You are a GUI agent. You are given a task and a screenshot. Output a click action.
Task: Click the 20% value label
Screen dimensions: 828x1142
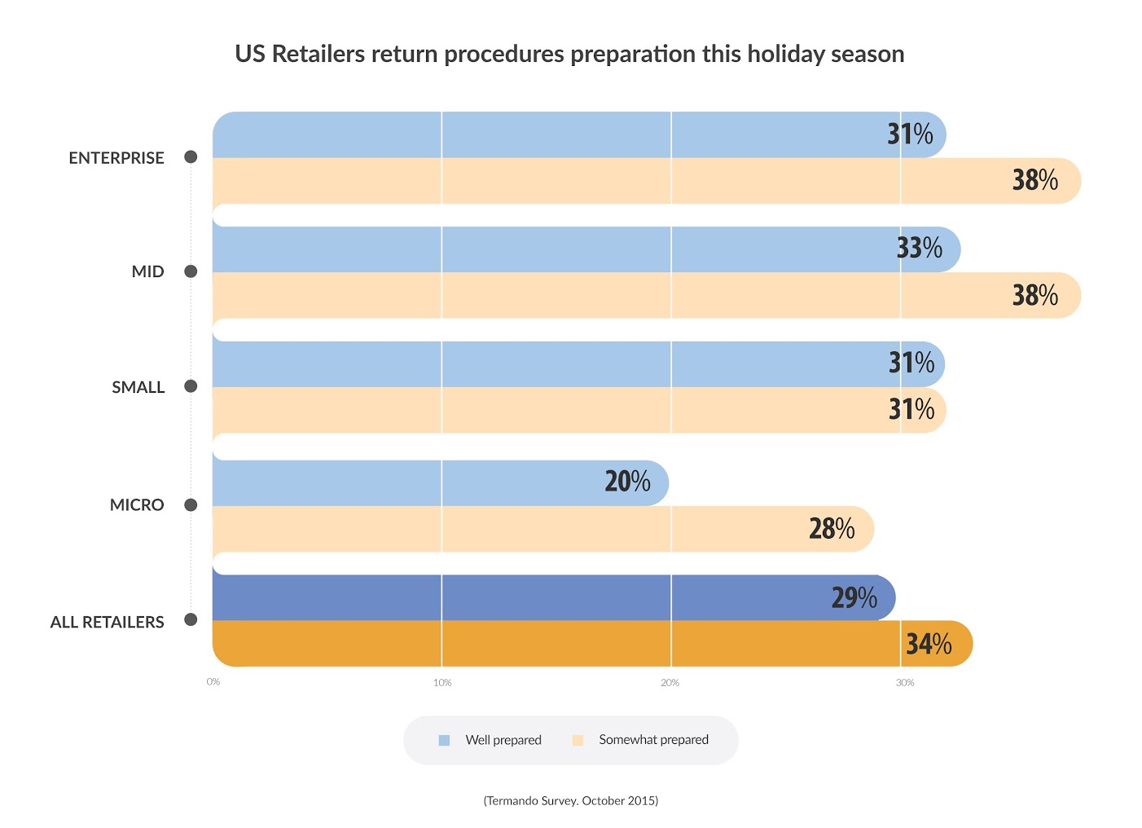click(x=627, y=482)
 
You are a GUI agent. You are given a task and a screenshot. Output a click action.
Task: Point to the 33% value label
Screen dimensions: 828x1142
click(x=919, y=248)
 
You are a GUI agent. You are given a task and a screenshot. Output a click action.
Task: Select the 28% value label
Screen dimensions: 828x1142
click(x=832, y=529)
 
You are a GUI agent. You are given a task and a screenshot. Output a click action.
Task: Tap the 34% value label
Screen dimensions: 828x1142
click(x=929, y=645)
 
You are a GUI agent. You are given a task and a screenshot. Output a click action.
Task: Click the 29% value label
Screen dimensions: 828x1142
click(x=854, y=598)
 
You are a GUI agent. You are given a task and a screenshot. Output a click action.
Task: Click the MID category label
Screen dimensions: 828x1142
click(x=147, y=272)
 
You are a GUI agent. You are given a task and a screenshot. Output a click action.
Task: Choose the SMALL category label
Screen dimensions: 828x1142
click(x=138, y=387)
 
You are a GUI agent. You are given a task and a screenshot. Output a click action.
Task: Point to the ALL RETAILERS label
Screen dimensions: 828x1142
click(x=107, y=622)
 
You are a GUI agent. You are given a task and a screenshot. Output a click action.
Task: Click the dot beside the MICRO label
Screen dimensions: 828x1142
click(x=191, y=505)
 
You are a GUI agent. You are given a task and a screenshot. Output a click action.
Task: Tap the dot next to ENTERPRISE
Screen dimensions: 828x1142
click(x=191, y=157)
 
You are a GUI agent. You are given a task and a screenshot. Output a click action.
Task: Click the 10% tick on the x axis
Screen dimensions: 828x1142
click(x=442, y=683)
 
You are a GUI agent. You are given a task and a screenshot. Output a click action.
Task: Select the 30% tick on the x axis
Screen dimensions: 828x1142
click(x=905, y=683)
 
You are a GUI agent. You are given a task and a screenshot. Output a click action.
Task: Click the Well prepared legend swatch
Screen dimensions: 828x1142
click(x=444, y=741)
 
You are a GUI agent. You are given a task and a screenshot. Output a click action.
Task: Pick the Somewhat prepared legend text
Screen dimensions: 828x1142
click(x=653, y=740)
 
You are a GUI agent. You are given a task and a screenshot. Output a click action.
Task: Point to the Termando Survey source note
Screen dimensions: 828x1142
click(x=571, y=800)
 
